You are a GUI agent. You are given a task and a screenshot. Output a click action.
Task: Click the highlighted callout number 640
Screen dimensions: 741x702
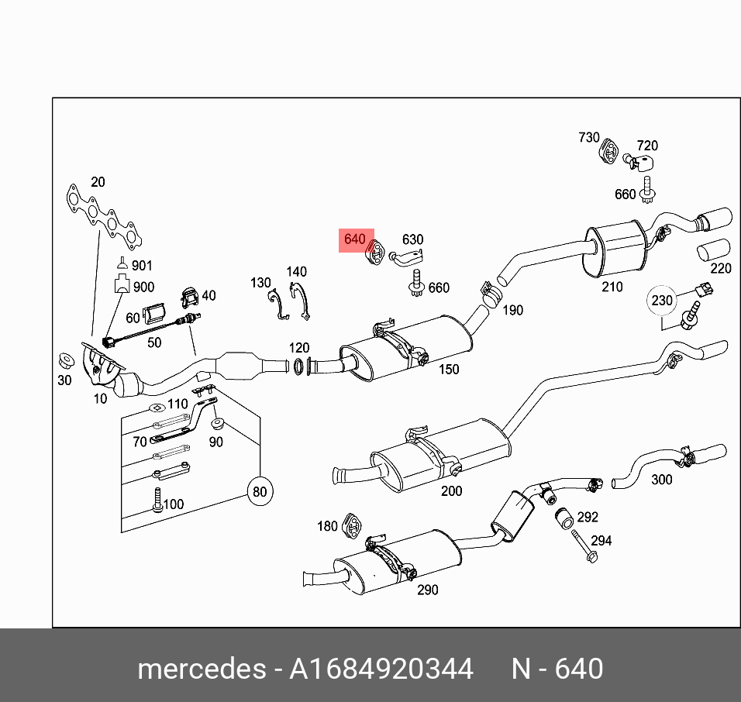click(355, 239)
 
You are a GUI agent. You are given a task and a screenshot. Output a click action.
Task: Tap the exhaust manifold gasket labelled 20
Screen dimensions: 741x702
click(101, 218)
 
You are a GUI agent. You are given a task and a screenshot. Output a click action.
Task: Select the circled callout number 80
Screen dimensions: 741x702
click(260, 490)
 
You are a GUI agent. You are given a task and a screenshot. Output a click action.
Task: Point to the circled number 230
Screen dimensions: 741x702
click(662, 301)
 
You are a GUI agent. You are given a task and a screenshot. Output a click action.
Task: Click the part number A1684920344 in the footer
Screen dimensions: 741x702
click(381, 669)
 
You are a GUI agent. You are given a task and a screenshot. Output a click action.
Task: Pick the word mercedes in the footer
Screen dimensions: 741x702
click(200, 669)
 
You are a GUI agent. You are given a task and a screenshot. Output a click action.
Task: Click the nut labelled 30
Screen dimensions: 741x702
click(65, 360)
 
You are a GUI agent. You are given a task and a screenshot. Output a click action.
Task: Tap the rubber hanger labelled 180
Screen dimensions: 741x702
click(353, 526)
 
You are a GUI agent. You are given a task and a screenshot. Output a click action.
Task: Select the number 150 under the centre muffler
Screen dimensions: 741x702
click(449, 370)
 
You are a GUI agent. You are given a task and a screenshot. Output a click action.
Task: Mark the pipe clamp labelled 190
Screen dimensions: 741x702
click(489, 294)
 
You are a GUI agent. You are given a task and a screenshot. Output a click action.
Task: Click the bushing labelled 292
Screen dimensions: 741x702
click(564, 518)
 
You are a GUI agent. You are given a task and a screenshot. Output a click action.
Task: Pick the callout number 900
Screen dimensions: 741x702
click(143, 287)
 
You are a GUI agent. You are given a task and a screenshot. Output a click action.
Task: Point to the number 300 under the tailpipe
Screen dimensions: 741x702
click(661, 480)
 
